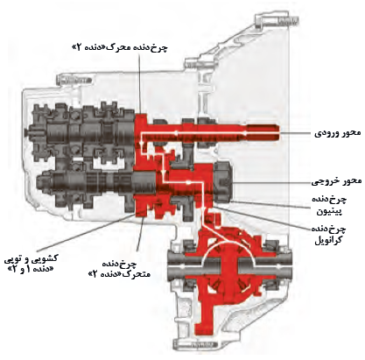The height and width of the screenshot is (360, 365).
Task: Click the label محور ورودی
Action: click(338, 134)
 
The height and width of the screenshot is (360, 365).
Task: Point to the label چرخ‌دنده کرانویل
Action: click(329, 235)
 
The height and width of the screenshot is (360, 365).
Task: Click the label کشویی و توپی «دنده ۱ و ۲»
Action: click(32, 263)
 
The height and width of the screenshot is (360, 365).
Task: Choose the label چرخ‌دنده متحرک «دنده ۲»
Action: click(120, 269)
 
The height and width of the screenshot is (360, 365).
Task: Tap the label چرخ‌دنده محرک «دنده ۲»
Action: click(120, 48)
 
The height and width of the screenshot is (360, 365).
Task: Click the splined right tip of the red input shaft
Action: click(263, 133)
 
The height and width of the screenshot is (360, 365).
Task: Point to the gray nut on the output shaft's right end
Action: click(223, 181)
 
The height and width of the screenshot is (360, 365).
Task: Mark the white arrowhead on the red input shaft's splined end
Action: click(246, 133)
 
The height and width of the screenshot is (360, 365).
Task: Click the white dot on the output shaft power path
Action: click(188, 182)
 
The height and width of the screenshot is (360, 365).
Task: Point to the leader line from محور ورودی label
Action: click(295, 133)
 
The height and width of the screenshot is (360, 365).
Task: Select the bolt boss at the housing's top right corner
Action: click(277, 21)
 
